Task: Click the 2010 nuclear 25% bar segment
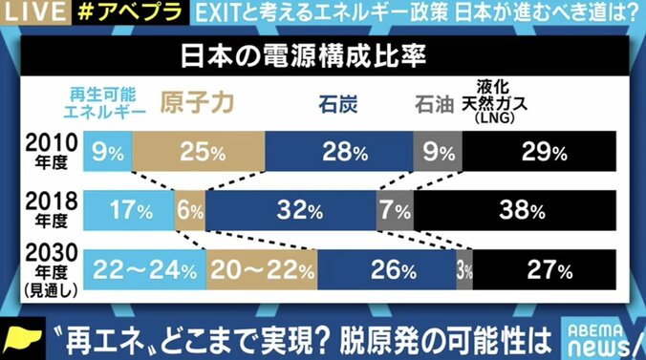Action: click(198, 150)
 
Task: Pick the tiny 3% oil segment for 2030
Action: click(464, 268)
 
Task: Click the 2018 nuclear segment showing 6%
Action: click(188, 209)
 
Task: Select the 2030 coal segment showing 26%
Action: click(386, 268)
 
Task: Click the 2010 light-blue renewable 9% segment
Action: click(107, 150)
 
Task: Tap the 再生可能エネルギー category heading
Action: click(107, 102)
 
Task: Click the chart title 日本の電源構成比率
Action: click(322, 53)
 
